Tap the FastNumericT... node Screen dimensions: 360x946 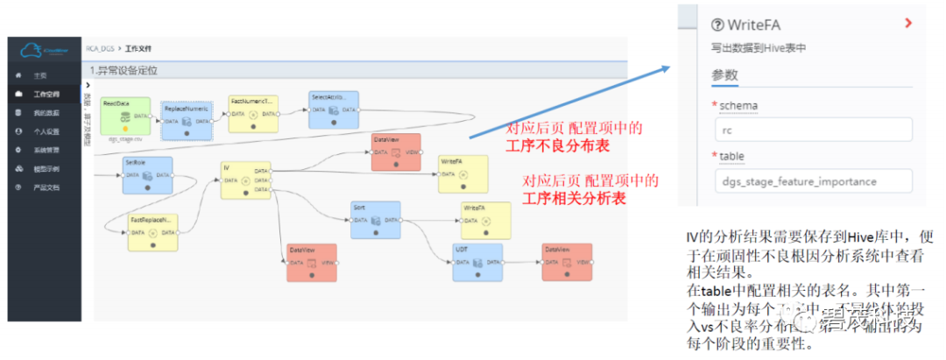(x=252, y=114)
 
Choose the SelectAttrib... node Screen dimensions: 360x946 (x=333, y=109)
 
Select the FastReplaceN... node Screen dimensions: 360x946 (x=152, y=231)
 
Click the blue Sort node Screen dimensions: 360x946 (x=375, y=220)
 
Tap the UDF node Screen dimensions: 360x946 (x=477, y=262)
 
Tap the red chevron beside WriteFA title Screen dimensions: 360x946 (x=908, y=24)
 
